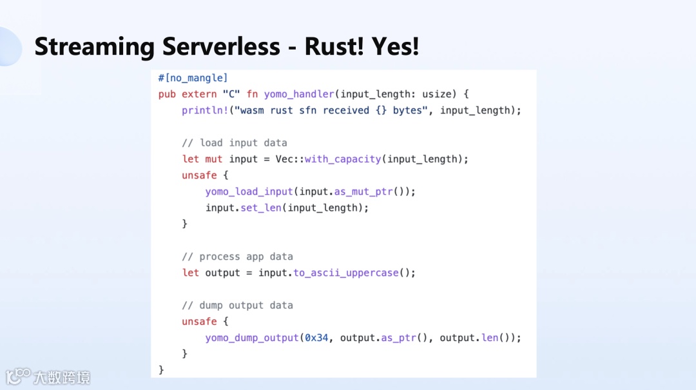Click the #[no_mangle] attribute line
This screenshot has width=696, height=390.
193,78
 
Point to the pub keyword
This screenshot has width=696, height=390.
167,94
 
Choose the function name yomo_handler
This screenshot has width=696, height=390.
299,94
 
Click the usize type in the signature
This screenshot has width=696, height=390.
436,94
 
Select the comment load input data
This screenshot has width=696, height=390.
235,142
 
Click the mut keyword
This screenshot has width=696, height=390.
214,159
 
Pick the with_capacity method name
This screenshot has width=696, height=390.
343,159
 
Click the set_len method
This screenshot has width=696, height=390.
261,208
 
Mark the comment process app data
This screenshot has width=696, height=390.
237,257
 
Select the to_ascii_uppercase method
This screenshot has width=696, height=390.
346,273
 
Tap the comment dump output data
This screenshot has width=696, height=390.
237,305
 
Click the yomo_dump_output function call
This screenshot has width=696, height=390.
252,338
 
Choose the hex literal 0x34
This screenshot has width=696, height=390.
316,338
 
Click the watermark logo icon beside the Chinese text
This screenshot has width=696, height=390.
18,376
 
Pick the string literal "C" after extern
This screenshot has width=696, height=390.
231,94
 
